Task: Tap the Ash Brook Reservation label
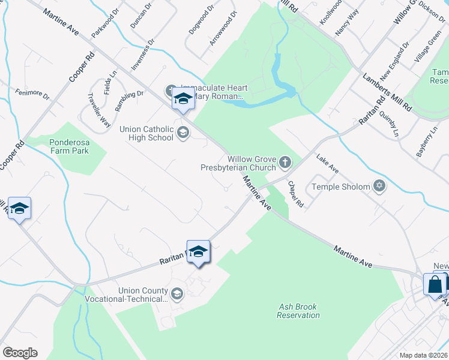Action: point(298,311)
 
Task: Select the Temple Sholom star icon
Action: point(379,186)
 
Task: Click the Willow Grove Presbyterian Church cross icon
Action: point(285,161)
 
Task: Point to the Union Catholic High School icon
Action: point(184,134)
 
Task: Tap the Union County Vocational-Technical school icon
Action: point(177,293)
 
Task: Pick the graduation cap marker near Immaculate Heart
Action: point(183,99)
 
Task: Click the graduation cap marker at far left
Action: point(19,209)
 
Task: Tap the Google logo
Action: point(20,353)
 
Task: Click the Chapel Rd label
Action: point(296,194)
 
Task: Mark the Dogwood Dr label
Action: point(201,20)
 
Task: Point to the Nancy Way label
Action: point(347,23)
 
